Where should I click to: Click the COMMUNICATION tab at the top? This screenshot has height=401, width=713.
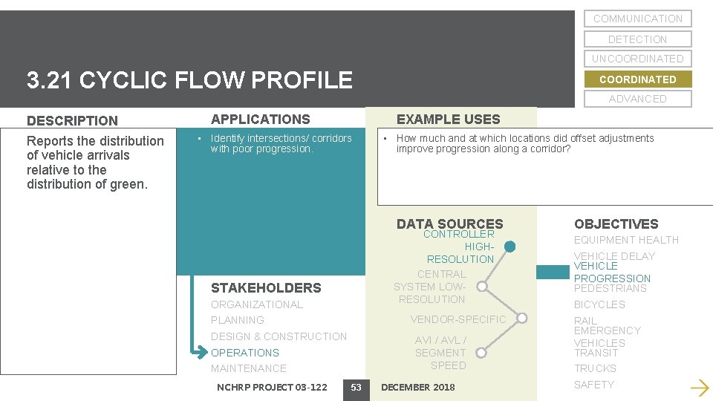coord(637,19)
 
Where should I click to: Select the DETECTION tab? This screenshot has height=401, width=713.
coord(637,39)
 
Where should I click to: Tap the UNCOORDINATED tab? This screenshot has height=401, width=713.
coord(637,59)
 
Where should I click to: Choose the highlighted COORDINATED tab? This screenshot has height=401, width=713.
coord(637,79)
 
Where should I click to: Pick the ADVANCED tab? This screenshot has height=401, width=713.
coord(637,99)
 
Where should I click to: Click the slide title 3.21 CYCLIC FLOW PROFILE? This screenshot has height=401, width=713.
coord(189,80)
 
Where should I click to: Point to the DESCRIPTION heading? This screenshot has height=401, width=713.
coord(72,120)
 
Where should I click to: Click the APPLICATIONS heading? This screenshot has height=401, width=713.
coord(260,119)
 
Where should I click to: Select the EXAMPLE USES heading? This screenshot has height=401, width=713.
coord(448,119)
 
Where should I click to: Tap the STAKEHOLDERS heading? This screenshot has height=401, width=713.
coord(266,288)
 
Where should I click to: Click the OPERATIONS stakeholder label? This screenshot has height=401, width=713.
coord(245,353)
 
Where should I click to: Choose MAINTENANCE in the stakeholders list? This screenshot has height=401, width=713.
coord(248,368)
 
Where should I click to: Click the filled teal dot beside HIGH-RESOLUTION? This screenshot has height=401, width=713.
coord(509,247)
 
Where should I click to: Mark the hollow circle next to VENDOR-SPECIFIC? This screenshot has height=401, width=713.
coord(522,319)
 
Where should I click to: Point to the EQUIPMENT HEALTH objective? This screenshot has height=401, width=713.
coord(626,240)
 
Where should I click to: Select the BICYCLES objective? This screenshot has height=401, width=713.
coord(599,304)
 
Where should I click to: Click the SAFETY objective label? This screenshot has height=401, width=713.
coord(594,385)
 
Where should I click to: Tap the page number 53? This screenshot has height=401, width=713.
coord(356,387)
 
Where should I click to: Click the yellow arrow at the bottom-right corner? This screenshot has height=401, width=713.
coord(699,387)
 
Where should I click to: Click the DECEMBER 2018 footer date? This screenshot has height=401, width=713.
coord(417,387)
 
